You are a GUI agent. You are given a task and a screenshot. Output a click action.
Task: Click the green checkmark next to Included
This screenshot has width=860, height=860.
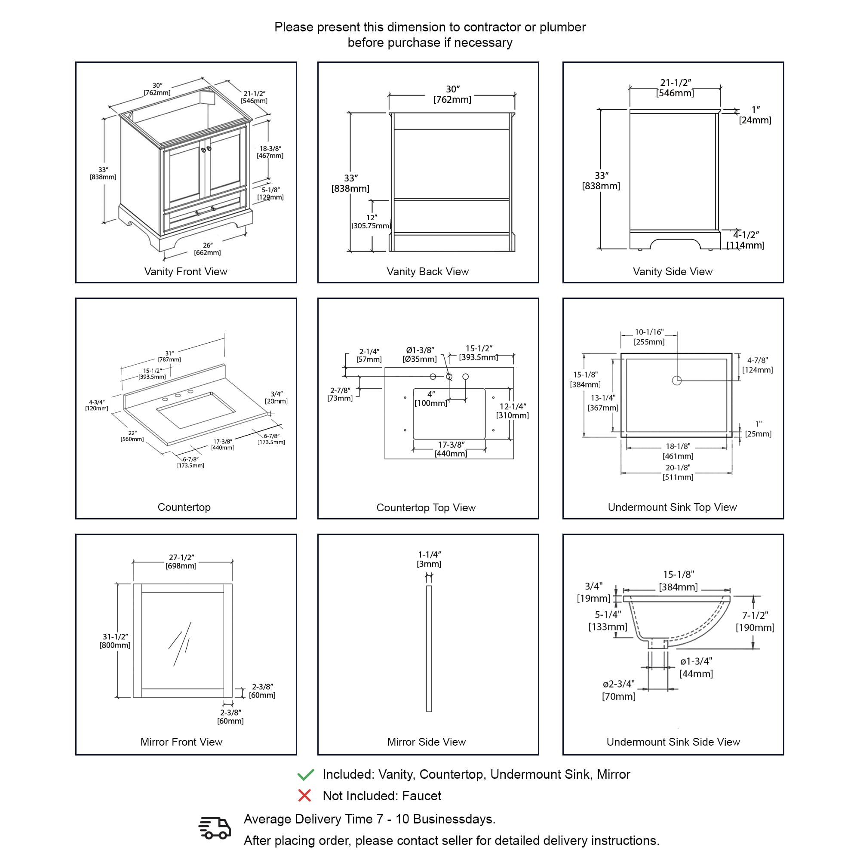pos(306,774)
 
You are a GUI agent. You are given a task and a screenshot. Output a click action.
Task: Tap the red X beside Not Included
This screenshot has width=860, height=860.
pos(304,795)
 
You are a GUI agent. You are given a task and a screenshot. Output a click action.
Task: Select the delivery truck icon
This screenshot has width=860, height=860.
pos(215,829)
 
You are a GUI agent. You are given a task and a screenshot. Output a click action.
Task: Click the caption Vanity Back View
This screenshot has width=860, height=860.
pos(427,271)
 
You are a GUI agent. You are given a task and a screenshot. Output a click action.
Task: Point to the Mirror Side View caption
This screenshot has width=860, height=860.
pos(426,742)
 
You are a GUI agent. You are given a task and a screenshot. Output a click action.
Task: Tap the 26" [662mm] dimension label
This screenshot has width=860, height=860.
pos(207,249)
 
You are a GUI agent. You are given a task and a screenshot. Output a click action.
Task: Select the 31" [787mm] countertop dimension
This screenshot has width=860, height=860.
pos(169,356)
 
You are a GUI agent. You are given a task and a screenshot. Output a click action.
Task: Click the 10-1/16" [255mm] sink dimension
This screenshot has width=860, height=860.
pos(649,337)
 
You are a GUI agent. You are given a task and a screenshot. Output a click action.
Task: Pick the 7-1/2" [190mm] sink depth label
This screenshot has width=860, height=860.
pos(755,621)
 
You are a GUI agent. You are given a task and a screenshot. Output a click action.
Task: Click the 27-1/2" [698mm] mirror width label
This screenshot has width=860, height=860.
pos(181,561)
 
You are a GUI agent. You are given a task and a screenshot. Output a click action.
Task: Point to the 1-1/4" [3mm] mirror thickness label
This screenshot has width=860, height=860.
pos(429,559)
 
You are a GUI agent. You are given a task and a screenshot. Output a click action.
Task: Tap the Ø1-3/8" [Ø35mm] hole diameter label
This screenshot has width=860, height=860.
pos(420,354)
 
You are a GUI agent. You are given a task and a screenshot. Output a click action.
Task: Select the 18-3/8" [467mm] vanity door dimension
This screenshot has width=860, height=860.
pos(270,152)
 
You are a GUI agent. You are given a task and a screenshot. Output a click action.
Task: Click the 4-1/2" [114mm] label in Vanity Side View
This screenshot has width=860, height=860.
pos(746,240)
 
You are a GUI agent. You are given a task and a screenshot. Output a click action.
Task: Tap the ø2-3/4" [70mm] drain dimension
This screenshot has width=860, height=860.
pos(619,690)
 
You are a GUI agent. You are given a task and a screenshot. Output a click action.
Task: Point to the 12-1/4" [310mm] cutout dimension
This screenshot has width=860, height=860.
pos(513,411)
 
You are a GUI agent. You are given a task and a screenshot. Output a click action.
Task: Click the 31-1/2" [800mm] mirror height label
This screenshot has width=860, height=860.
pos(115,641)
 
